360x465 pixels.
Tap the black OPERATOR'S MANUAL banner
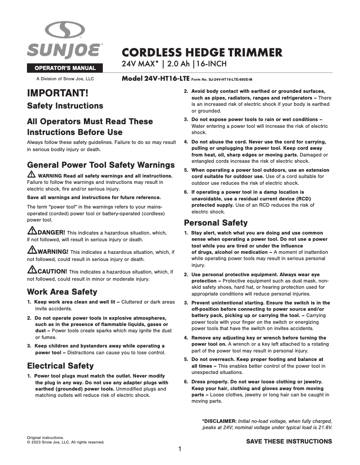(65, 68)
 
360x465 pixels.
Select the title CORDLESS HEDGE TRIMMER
(202, 52)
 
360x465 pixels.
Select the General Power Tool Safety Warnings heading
(101, 165)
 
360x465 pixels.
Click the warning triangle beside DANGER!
(32, 232)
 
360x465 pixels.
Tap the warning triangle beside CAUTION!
(32, 270)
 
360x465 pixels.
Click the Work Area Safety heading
(62, 291)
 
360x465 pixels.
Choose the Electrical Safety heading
(60, 365)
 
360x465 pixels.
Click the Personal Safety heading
(215, 223)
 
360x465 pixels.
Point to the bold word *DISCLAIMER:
(219, 421)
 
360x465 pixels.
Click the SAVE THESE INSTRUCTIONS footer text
(289, 441)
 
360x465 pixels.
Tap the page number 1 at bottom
(180, 449)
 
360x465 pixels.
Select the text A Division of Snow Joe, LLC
(65, 79)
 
